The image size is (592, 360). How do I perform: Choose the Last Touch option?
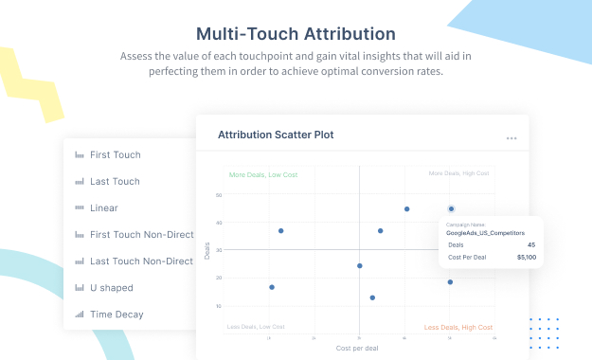point(114,181)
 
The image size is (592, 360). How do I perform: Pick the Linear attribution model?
point(103,207)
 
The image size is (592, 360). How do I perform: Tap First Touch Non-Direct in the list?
point(141,234)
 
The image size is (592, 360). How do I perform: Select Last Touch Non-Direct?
point(141,261)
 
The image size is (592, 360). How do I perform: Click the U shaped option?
point(111,287)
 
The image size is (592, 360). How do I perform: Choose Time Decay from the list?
point(116,314)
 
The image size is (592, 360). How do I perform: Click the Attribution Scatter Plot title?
point(276,135)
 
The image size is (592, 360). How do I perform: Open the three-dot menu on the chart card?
point(511,138)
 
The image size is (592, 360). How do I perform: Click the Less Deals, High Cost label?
point(458,327)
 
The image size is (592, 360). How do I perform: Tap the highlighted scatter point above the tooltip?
point(451,208)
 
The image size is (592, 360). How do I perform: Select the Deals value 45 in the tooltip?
point(530,244)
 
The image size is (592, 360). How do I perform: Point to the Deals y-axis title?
point(207,250)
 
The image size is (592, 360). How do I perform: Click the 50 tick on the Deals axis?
point(219,196)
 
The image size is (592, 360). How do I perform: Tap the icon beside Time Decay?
point(80,314)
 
